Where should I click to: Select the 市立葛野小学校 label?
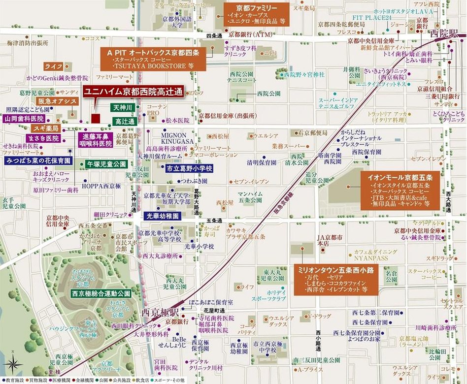click(182, 168)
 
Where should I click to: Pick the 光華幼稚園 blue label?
click(163, 216)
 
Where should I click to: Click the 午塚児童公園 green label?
click(107, 163)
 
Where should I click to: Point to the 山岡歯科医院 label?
click(24, 119)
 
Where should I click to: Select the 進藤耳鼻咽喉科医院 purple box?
click(96, 140)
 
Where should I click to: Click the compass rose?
click(13, 365)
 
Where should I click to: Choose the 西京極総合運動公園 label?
click(100, 293)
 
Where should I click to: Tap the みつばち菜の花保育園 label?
click(38, 160)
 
